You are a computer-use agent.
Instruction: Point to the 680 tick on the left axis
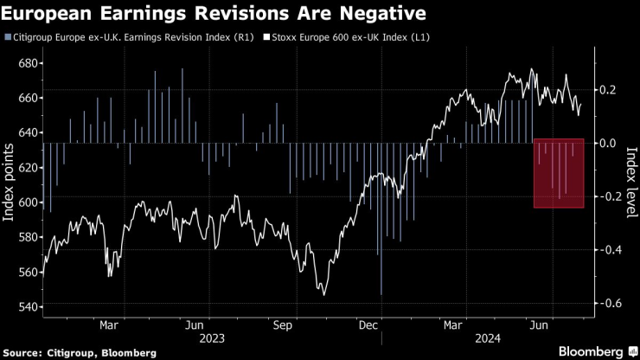tap(29, 63)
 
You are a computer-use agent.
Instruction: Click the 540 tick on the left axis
tap(29, 307)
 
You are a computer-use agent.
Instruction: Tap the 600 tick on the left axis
tap(29, 202)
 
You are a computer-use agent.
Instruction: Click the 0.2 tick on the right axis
tap(607, 90)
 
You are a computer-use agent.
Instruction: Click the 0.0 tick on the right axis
tap(607, 143)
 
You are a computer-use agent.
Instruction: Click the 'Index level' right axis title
tap(629, 185)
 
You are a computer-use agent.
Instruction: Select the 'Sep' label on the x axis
tap(281, 325)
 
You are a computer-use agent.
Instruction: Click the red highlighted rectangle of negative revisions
tap(559, 173)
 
